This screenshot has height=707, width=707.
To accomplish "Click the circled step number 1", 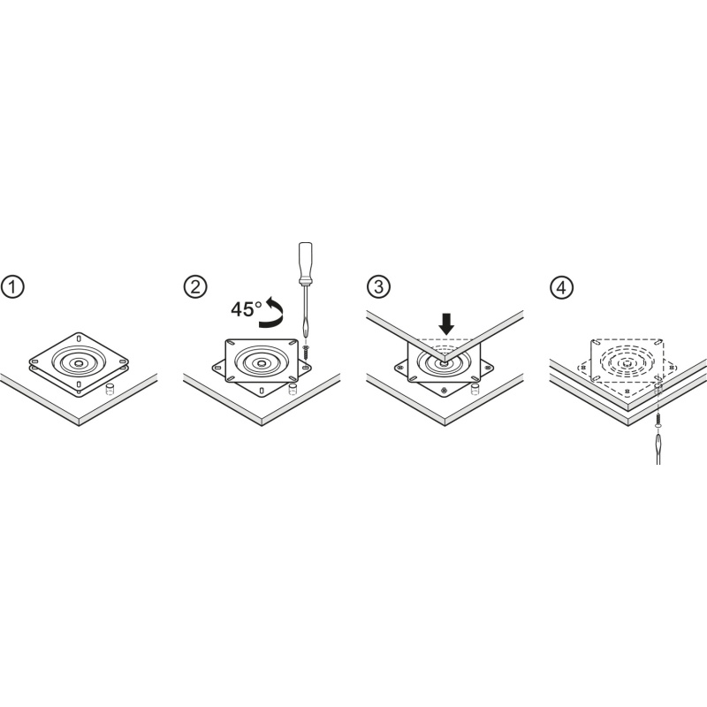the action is click(x=12, y=287).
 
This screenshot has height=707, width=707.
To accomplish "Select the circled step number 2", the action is click(x=195, y=287).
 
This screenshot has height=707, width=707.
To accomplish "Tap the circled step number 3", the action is click(x=378, y=287).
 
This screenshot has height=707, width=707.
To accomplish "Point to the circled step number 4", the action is click(x=561, y=287).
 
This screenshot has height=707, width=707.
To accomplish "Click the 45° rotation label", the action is click(x=247, y=309).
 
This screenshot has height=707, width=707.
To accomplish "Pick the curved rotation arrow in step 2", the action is click(x=271, y=312).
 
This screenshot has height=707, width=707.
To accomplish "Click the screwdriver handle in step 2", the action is click(x=305, y=263).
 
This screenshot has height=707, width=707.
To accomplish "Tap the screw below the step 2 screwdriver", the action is click(x=306, y=352).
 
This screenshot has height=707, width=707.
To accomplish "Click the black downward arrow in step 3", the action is click(x=447, y=324).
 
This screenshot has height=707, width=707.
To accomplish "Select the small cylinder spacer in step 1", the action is click(x=109, y=390).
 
